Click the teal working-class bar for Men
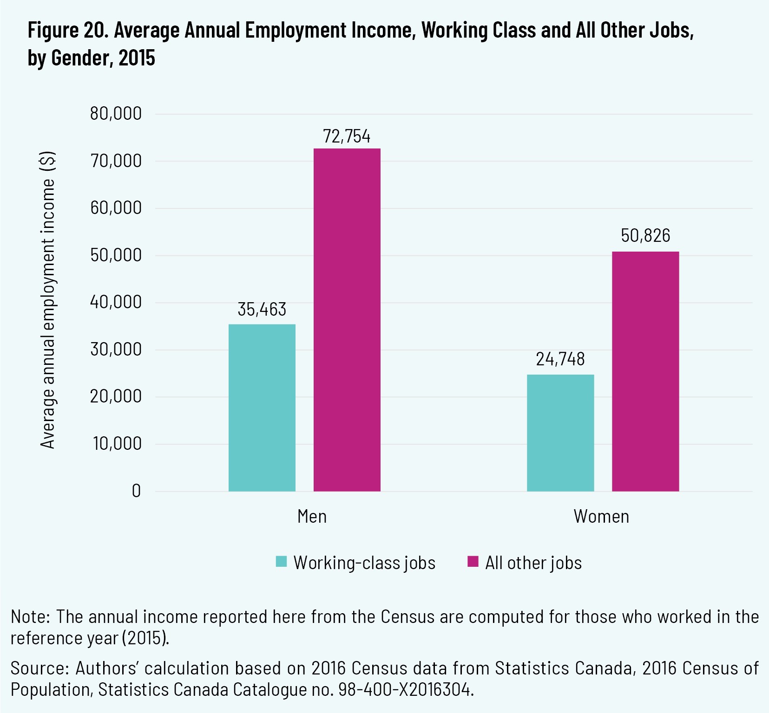coord(262,408)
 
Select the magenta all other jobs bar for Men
coord(347,320)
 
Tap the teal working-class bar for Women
coord(560,433)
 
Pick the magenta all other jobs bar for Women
coord(645,371)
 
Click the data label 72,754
coord(347,136)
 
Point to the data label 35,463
coord(262,310)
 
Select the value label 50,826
coord(645,236)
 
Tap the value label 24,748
coord(560,359)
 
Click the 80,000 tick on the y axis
coord(116,114)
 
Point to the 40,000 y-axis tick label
coord(116,302)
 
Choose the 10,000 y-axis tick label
coord(117,444)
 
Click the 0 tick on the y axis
coord(136,491)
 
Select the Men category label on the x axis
coord(312,517)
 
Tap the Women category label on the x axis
coord(601,517)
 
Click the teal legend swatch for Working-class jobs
coord(281,562)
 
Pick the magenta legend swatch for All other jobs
coord(473,562)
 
